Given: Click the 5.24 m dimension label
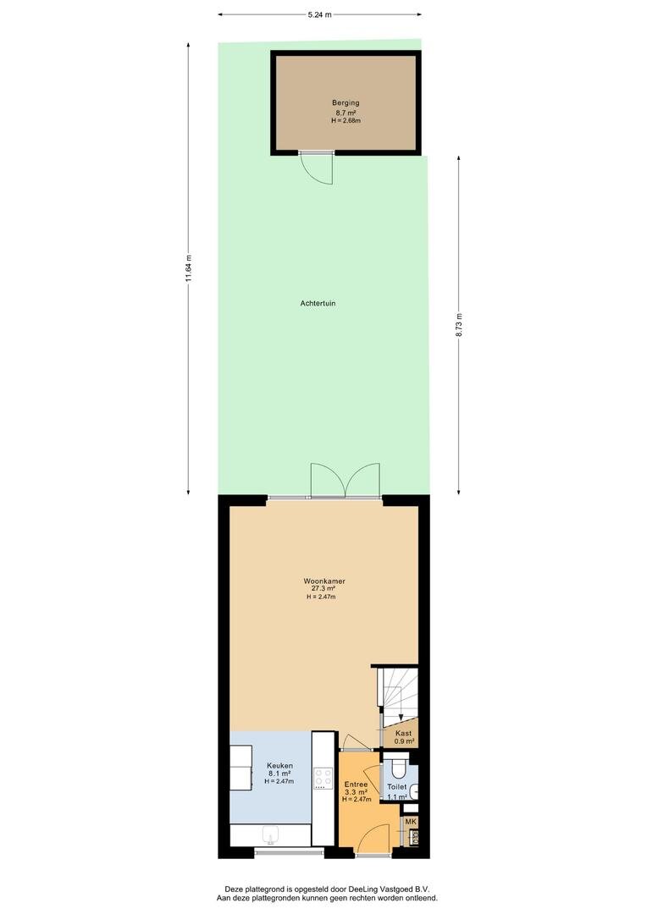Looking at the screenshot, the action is click(320, 15).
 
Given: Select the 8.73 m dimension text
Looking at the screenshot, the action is click(459, 325).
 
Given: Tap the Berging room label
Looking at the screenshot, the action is click(346, 103).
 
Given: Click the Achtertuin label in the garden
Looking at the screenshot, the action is click(318, 304).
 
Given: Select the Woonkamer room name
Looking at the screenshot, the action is click(324, 581).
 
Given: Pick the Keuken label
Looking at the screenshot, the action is click(279, 766).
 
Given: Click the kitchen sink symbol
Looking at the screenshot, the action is click(271, 834).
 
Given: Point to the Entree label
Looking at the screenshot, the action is click(356, 785).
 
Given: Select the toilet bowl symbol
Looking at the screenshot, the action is click(399, 768).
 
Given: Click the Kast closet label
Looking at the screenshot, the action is click(404, 733).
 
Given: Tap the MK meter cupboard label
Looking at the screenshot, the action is click(412, 822).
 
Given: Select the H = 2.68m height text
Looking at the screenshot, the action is click(346, 121).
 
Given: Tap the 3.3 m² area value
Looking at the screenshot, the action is click(356, 792).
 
